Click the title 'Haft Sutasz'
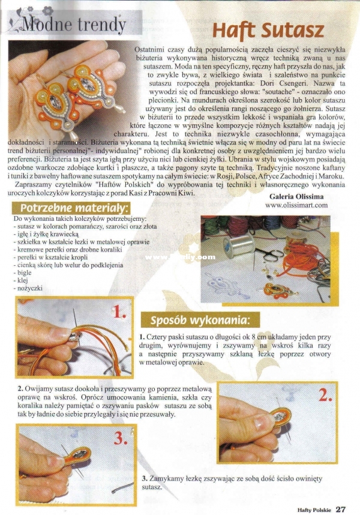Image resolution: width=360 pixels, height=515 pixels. click(268, 31)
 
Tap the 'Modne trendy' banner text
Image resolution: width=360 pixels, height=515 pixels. click(74, 24)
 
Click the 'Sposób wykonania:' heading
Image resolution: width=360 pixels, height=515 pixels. click(200, 320)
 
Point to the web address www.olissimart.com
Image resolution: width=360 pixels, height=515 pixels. click(296, 205)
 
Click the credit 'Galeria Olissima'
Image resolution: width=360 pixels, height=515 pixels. click(296, 196)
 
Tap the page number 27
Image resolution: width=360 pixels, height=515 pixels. click(341, 510)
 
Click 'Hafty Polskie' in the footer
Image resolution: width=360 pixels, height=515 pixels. click(314, 510)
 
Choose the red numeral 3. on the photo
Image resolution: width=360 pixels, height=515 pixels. click(121, 438)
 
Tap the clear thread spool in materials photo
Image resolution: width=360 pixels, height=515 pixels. click(239, 245)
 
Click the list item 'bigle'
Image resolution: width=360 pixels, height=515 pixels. click(24, 273)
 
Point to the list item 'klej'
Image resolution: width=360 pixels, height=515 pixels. click(23, 280)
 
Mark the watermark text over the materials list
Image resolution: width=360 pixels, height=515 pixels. click(180, 257)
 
